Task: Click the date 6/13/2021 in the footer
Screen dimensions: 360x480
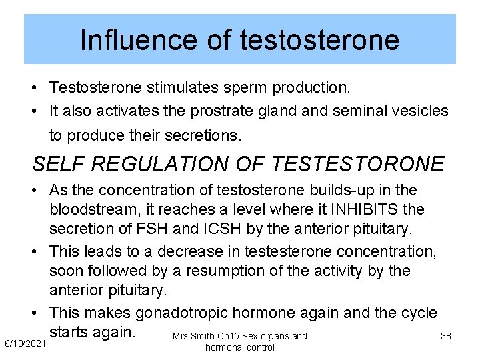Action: click(25, 343)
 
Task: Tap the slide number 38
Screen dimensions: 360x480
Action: click(446, 336)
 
